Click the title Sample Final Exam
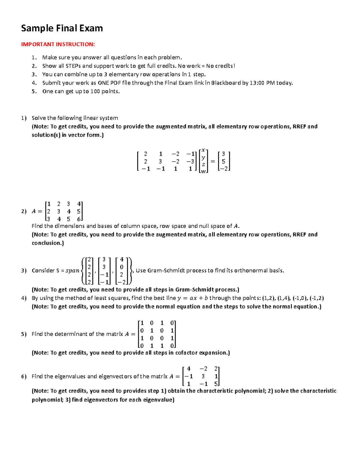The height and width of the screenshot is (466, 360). [x=62, y=28]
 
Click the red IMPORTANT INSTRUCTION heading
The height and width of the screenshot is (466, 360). [x=58, y=44]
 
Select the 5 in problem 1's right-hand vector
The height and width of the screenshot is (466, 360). [x=223, y=161]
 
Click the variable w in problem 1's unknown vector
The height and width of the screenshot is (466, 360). [x=203, y=171]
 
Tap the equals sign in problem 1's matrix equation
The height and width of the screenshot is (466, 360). [x=213, y=161]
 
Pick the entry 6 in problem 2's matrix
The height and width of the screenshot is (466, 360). [x=79, y=219]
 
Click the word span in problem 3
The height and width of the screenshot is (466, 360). [x=72, y=271]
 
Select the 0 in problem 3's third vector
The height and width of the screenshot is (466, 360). [x=121, y=267]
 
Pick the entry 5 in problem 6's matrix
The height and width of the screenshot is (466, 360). [x=216, y=384]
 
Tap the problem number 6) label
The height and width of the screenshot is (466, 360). [x=24, y=376]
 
